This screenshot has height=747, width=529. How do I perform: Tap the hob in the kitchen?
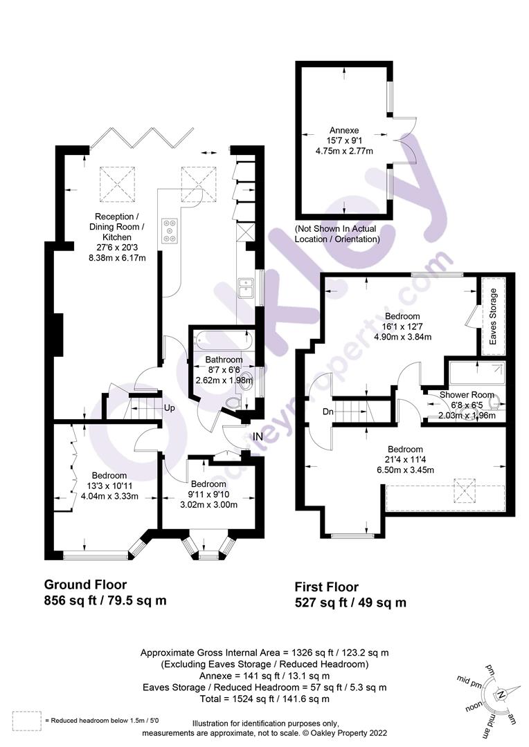[x=170, y=230]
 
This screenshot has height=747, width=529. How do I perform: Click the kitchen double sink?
[x=246, y=287]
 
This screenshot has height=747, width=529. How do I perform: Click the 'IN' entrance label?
[x=258, y=436]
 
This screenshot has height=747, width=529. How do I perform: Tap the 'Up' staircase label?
[x=169, y=407]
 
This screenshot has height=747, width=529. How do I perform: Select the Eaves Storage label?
[x=493, y=321]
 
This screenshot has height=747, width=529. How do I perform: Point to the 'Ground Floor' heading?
[x=85, y=584]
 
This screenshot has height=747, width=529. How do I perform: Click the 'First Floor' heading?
[x=330, y=587]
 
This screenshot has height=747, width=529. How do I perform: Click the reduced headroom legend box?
[x=26, y=720]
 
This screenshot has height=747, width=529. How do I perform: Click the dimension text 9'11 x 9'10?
[x=208, y=494]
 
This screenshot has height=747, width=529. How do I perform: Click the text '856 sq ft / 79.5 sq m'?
[x=105, y=600]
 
